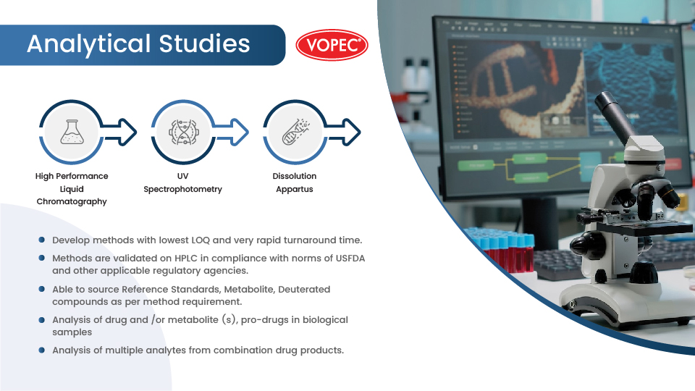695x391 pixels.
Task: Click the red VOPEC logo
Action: (332, 45)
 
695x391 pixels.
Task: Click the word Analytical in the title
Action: (88, 44)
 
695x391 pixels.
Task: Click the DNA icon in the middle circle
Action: (182, 131)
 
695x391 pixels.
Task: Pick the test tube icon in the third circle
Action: (295, 131)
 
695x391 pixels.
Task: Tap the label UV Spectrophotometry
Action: (182, 182)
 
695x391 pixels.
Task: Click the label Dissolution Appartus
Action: (295, 182)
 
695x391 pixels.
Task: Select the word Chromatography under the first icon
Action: (72, 202)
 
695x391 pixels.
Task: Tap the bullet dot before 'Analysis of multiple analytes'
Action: (44, 350)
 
